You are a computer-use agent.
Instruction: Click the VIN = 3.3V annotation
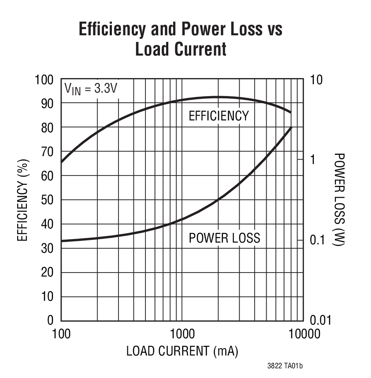click(x=91, y=88)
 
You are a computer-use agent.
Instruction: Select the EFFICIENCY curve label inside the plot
click(x=219, y=116)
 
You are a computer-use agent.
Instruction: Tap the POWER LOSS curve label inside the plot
click(x=224, y=238)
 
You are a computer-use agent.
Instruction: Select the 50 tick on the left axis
click(x=48, y=200)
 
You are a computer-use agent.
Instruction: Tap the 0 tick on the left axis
click(x=51, y=320)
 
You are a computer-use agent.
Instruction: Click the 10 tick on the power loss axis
click(x=316, y=80)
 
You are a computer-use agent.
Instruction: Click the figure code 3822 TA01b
click(x=285, y=366)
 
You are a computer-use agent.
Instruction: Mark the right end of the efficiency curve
click(x=291, y=112)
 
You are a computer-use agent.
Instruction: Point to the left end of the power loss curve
click(x=62, y=241)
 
